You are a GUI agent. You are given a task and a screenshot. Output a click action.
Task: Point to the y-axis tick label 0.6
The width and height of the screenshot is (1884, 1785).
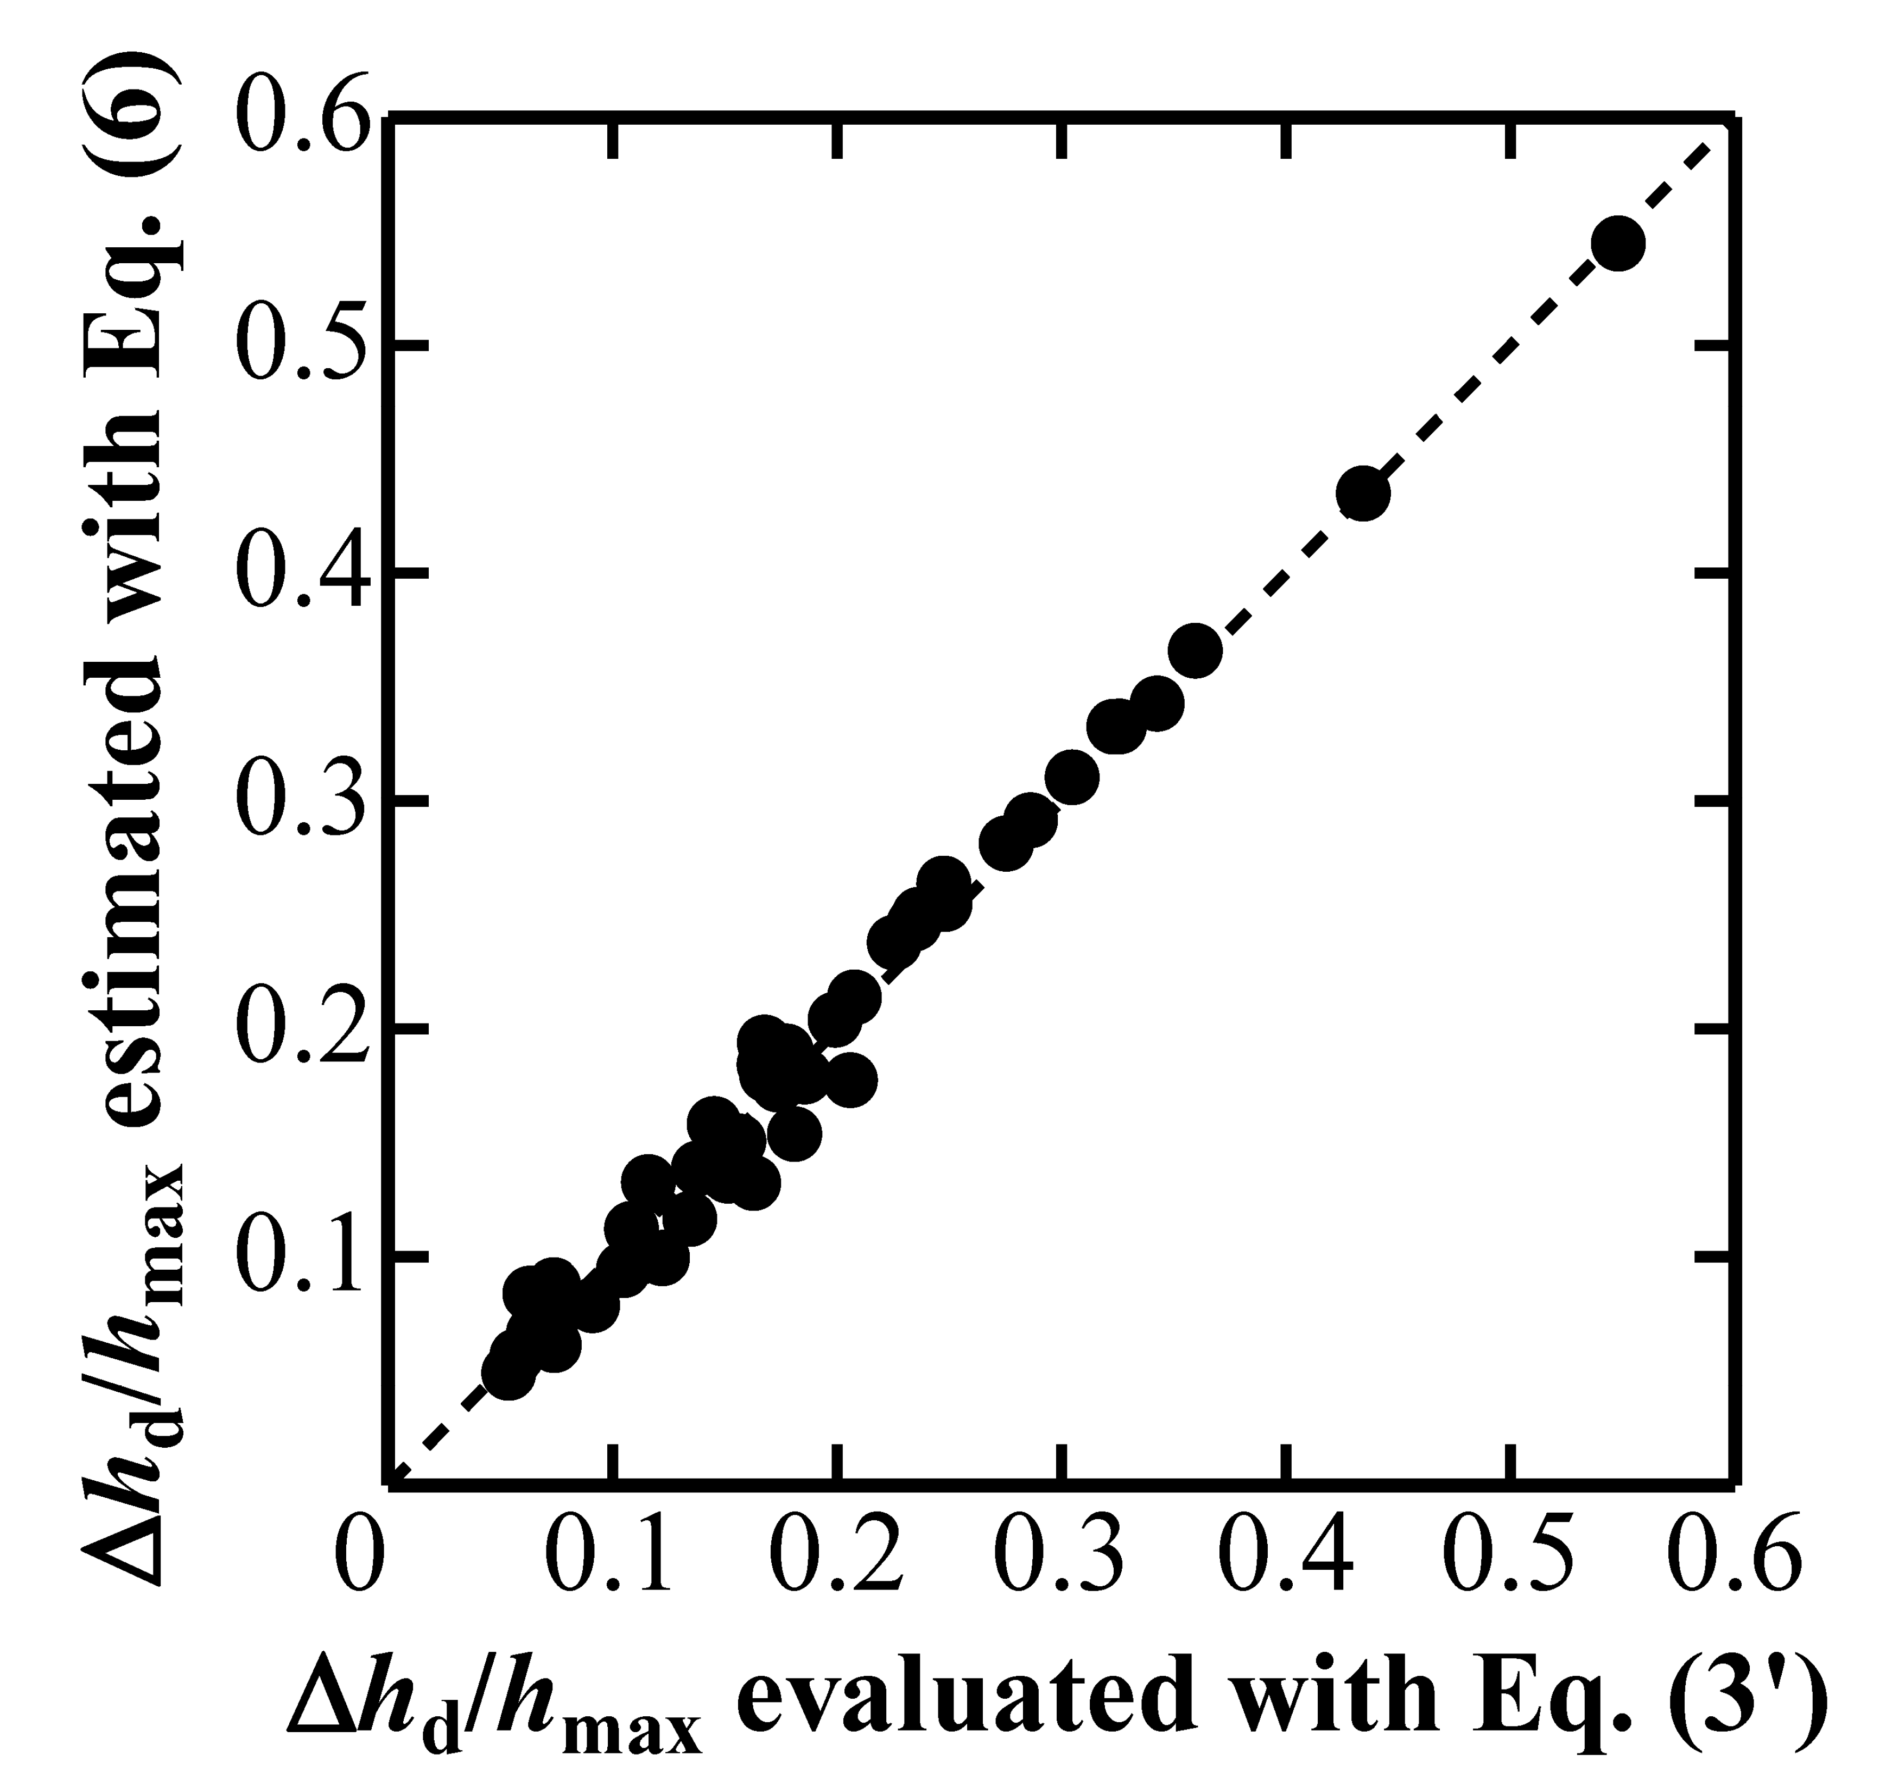299,119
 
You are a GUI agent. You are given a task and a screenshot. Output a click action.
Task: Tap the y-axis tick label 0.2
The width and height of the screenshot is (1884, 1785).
299,1031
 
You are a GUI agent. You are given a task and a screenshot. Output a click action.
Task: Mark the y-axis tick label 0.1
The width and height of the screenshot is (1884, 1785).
299,1258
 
